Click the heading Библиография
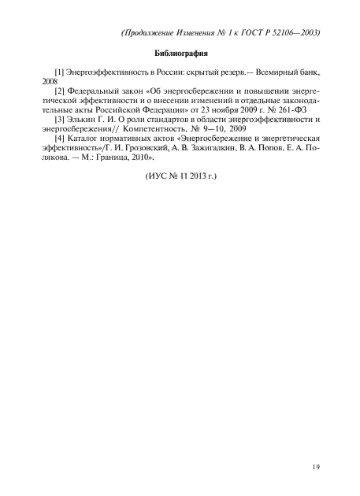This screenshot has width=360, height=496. click(180, 54)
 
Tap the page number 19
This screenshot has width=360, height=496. click(314, 468)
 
